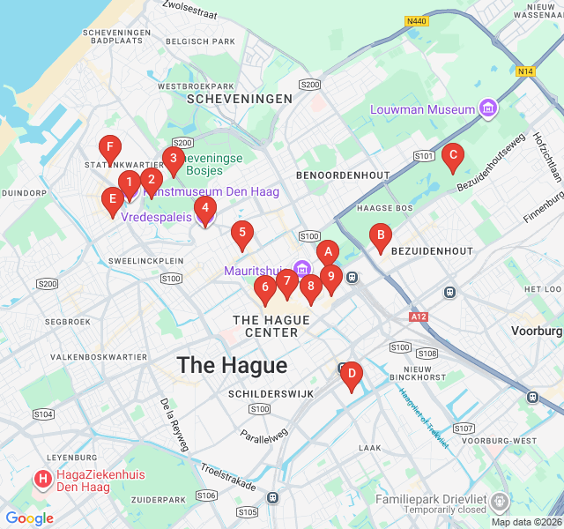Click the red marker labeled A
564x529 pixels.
tap(327, 252)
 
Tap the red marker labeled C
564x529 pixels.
tap(452, 157)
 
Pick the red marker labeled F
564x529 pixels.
tap(110, 148)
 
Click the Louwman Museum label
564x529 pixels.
tap(422, 110)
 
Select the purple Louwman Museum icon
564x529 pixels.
tap(488, 109)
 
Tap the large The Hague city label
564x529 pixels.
tap(232, 366)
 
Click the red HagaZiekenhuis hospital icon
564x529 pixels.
tap(41, 481)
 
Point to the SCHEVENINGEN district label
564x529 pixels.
tap(239, 100)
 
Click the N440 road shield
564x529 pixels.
tap(417, 20)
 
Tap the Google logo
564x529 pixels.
tap(29, 518)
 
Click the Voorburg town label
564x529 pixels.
tap(537, 331)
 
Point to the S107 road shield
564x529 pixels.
tap(464, 428)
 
